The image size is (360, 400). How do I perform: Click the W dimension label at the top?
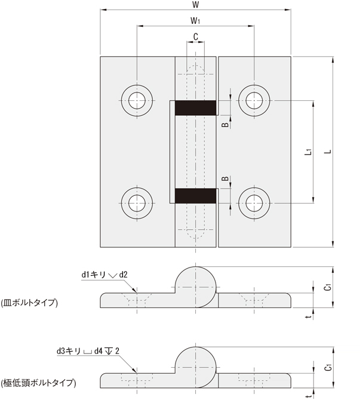[x=195, y=5]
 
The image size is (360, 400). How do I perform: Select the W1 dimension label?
[x=195, y=20]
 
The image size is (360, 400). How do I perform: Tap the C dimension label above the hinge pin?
[x=195, y=36]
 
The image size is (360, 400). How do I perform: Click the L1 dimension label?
[x=307, y=152]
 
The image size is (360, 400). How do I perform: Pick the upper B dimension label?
[x=224, y=124]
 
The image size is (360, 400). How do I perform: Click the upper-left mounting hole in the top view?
[x=137, y=99]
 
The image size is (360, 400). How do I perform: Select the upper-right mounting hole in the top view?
[x=254, y=99]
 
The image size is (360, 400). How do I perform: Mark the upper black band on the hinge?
[x=195, y=107]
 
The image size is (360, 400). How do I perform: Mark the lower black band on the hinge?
[x=195, y=196]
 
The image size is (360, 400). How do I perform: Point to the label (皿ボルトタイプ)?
[x=29, y=303]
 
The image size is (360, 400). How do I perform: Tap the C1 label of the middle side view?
[x=327, y=288]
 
